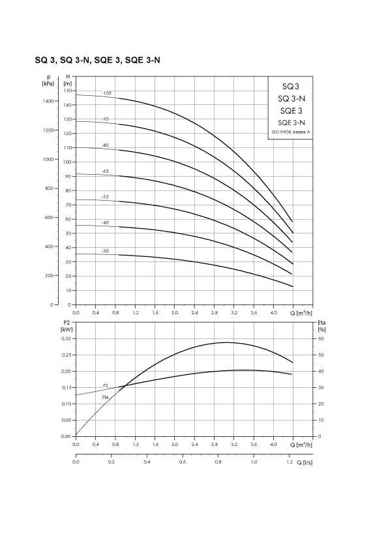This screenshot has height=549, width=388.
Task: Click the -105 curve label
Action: pyautogui.click(x=106, y=93)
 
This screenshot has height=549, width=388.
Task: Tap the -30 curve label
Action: pyautogui.click(x=105, y=251)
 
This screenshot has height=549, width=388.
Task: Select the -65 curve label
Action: pyautogui.click(x=105, y=171)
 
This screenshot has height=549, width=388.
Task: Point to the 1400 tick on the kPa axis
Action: pyautogui.click(x=49, y=101)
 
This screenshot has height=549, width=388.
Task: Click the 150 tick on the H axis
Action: pyautogui.click(x=68, y=91)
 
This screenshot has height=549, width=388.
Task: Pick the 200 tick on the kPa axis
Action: pyautogui.click(x=50, y=276)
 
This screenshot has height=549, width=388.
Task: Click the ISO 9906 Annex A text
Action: pyautogui.click(x=291, y=132)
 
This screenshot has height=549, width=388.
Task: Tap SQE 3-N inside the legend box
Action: pyautogui.click(x=291, y=123)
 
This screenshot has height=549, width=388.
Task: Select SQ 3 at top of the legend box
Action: pyautogui.click(x=291, y=87)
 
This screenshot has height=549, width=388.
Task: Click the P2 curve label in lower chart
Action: pyautogui.click(x=106, y=385)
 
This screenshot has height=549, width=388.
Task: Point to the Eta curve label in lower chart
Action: pyautogui.click(x=106, y=397)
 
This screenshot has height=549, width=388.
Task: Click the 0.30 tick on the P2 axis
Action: pyautogui.click(x=66, y=338)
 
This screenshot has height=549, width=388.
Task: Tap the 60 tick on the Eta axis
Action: pyautogui.click(x=321, y=338)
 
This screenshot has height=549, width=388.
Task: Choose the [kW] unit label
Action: pyautogui.click(x=67, y=329)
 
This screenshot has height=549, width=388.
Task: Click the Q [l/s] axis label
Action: pyautogui.click(x=305, y=462)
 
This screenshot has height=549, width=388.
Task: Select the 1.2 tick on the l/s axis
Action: pyautogui.click(x=290, y=462)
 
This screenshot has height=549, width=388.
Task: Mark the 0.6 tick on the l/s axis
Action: pyautogui.click(x=183, y=462)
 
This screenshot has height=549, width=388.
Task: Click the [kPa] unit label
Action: pyautogui.click(x=48, y=83)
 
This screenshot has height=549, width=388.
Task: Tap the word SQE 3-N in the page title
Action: pyautogui.click(x=143, y=60)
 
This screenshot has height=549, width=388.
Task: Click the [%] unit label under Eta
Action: pyautogui.click(x=322, y=329)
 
